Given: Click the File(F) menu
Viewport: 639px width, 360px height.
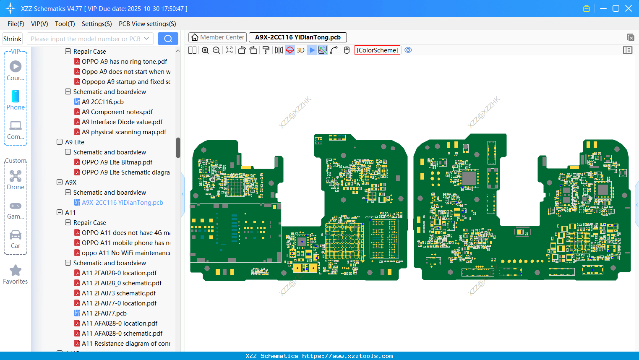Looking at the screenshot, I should point(16,24).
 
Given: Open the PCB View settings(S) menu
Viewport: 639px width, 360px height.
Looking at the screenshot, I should point(147,24).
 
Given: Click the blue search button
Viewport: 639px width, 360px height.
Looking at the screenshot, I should point(168,39).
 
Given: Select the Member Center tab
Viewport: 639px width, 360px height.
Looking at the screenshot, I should point(218,37).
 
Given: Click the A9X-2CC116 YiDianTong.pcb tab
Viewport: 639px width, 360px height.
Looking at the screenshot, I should point(297,37).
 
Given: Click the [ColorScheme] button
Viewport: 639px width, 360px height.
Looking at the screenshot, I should point(377,50).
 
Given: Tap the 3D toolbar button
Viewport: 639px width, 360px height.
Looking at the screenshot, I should point(300,50).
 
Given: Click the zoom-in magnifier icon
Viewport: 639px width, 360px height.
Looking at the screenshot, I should point(205,50).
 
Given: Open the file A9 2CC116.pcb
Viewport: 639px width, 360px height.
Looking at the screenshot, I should point(102,102).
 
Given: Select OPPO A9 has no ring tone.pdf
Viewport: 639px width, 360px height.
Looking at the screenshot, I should point(124,62).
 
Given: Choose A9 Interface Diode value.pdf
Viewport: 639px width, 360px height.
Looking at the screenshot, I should point(122,122).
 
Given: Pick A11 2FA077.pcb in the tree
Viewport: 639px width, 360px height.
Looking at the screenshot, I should point(104,313).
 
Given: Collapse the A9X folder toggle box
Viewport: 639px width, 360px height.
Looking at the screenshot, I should point(60,183).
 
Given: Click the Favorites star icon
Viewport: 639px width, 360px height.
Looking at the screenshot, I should point(16,271).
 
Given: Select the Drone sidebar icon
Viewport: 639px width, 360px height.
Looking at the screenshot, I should point(16,176).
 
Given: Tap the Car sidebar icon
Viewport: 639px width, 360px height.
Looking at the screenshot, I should point(16,235).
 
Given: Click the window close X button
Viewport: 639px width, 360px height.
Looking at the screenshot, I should point(629,8).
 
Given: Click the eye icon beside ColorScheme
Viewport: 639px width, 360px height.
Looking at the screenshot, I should point(408,50).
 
